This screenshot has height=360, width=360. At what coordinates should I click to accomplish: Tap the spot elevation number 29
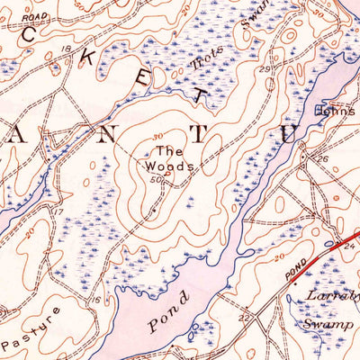coord(265,70)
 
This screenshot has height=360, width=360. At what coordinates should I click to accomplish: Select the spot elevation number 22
coord(244,318)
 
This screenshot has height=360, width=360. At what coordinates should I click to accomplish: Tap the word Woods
coord(172,166)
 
